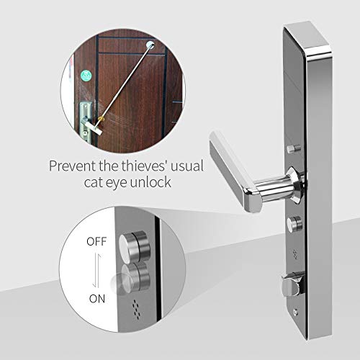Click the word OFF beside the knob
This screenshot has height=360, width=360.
(x=96, y=241)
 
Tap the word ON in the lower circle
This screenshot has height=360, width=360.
(x=97, y=299)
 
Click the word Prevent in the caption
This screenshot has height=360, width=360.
(x=72, y=166)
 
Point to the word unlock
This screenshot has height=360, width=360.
(x=150, y=182)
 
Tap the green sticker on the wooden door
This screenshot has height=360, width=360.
(x=86, y=75)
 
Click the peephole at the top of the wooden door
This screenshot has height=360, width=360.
(x=150, y=45)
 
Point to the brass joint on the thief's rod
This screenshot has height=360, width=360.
(x=102, y=118)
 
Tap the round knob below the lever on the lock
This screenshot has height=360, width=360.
(x=294, y=224)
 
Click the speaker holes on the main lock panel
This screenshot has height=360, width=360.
(x=295, y=254)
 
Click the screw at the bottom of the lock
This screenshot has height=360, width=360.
(x=296, y=312)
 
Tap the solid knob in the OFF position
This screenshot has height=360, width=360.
(x=135, y=246)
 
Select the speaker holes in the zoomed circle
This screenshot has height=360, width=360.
(x=136, y=310)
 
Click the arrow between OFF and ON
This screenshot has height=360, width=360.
(x=96, y=271)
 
